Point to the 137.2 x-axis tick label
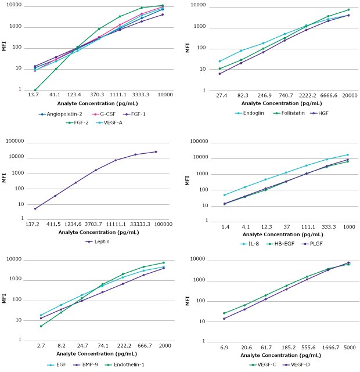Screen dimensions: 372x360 [x=35, y=223]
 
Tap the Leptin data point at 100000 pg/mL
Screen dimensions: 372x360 [x=156, y=151]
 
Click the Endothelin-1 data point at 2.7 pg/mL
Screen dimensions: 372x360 [x=41, y=326]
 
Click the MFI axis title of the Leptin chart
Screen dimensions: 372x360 [x=4, y=179]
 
